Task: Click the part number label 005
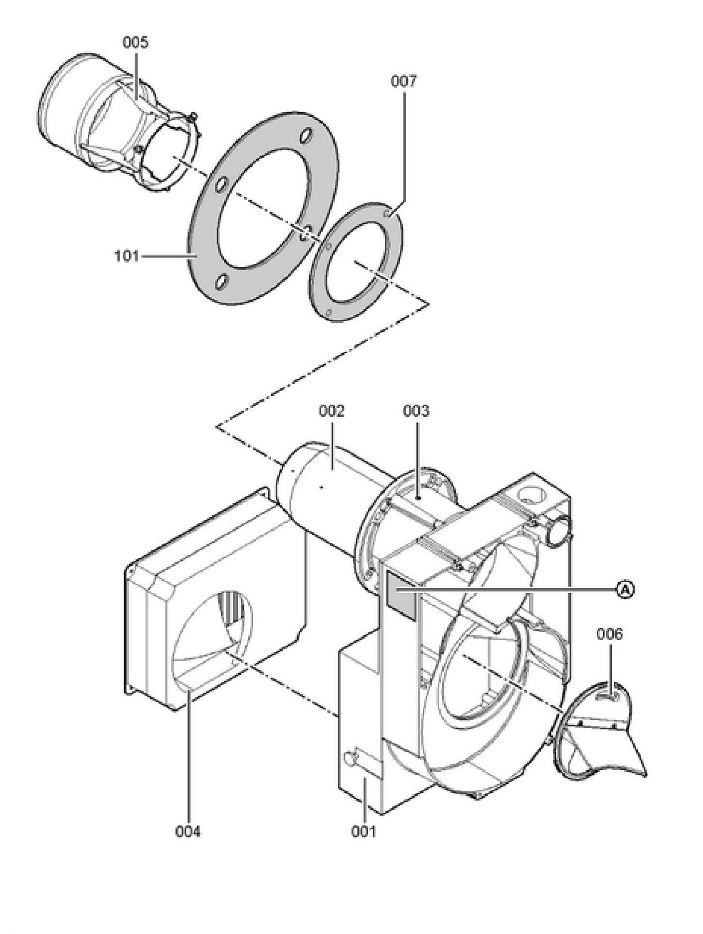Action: click(x=136, y=42)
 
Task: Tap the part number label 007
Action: click(x=403, y=81)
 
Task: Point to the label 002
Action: click(x=332, y=411)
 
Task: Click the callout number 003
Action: click(x=416, y=411)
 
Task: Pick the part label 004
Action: click(x=188, y=832)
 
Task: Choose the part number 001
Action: click(x=363, y=832)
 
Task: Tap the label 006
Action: click(x=609, y=634)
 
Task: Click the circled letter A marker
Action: click(x=625, y=590)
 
